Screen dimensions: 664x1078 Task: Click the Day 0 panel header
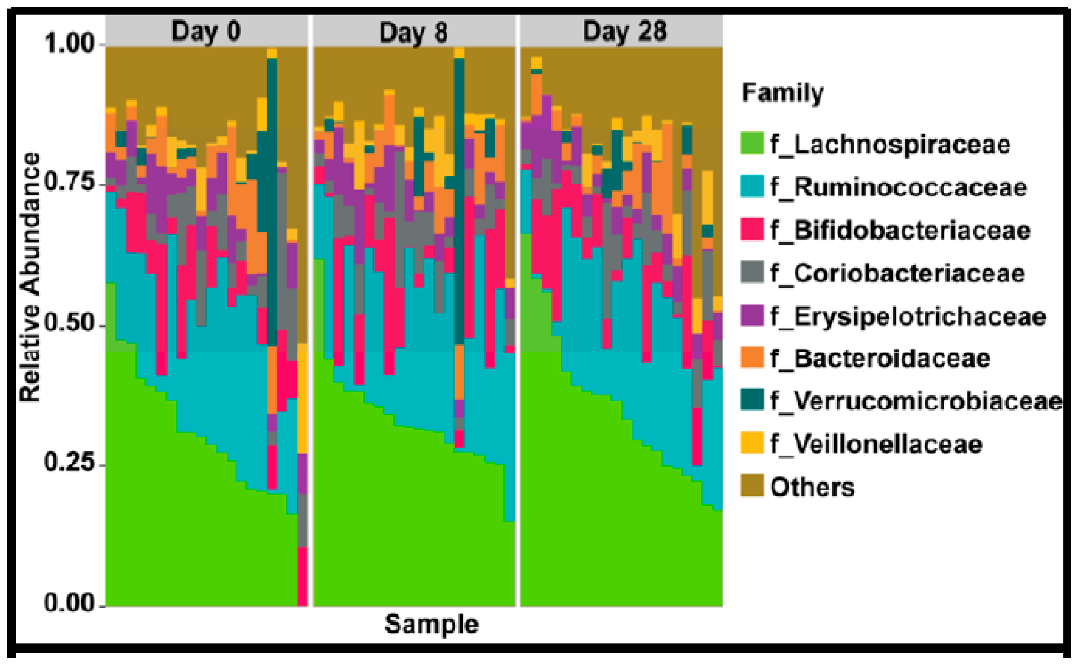tap(206, 31)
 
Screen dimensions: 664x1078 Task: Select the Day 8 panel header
tap(413, 32)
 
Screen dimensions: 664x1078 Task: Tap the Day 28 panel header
tap(624, 31)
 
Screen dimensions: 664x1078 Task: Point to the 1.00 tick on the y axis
tap(70, 43)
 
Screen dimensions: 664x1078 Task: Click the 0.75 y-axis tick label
tap(70, 183)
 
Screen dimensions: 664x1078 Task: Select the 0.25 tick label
tap(70, 462)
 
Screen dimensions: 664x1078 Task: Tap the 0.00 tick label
tap(70, 602)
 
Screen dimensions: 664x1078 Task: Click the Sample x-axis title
tap(431, 625)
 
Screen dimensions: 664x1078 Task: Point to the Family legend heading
tap(782, 93)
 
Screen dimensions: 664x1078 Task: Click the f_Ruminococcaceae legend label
tap(898, 188)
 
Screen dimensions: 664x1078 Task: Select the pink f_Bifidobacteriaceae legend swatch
tap(752, 229)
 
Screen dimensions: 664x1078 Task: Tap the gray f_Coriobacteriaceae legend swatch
tap(752, 272)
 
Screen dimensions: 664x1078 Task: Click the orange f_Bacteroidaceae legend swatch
tap(752, 357)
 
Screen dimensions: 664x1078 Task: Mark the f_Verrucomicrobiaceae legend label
tap(916, 401)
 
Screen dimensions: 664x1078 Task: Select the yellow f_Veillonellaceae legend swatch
tap(752, 443)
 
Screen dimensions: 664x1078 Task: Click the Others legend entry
tap(812, 487)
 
